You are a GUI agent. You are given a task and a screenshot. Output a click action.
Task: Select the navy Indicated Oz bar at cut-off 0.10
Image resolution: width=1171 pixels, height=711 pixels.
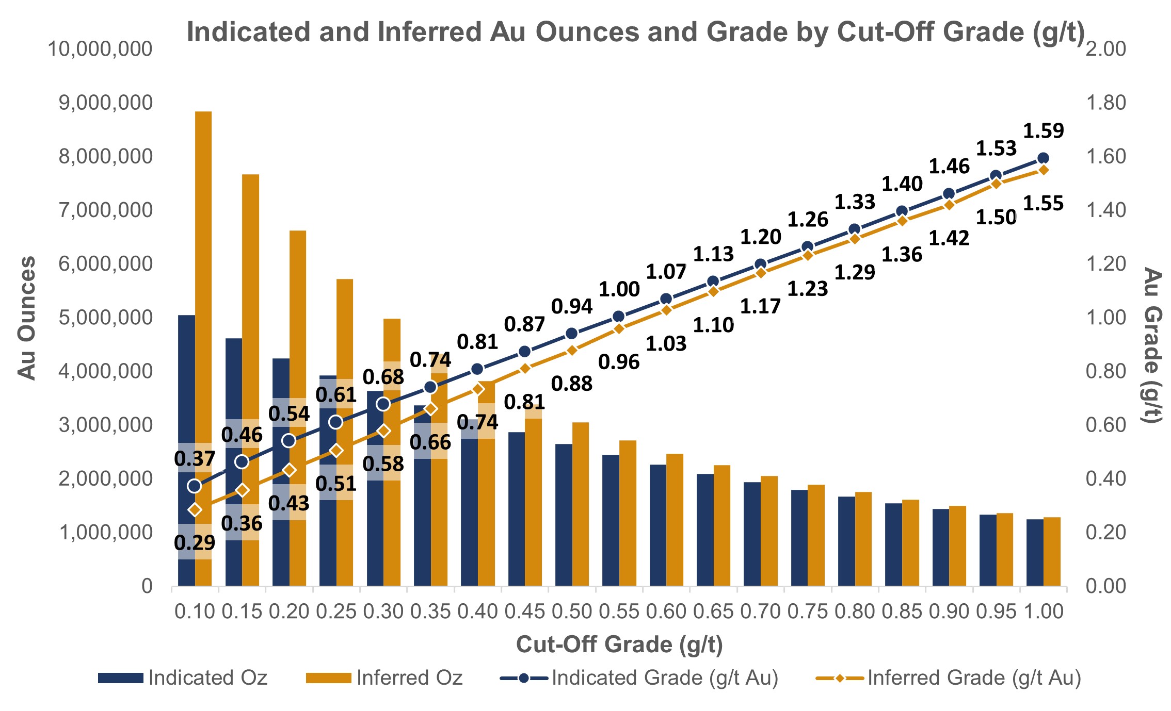click(187, 451)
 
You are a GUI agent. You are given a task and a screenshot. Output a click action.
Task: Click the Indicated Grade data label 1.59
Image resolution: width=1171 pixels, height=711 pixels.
click(1044, 131)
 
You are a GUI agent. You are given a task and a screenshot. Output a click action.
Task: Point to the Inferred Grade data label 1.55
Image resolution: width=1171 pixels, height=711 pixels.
click(1044, 204)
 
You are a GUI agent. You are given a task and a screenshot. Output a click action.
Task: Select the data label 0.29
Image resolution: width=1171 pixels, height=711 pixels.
click(195, 542)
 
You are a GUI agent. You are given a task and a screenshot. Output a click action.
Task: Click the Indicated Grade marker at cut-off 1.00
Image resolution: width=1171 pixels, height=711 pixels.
click(1043, 158)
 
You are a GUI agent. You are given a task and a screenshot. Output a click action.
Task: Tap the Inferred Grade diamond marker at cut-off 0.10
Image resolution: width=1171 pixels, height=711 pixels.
click(195, 510)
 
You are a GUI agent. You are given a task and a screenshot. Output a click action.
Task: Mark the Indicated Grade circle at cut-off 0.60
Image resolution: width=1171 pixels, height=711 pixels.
click(666, 299)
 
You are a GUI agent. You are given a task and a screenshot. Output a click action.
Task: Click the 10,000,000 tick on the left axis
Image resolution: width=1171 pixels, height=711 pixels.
click(100, 49)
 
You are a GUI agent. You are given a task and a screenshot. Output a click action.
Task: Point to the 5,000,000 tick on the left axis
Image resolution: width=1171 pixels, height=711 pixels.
click(106, 318)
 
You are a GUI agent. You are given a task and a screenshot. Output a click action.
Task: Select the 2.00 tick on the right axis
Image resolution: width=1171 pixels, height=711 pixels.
click(1106, 49)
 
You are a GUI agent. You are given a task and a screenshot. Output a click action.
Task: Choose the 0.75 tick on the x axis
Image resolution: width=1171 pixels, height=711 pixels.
click(808, 611)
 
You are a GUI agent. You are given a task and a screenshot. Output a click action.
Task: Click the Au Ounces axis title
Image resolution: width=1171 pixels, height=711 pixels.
click(27, 318)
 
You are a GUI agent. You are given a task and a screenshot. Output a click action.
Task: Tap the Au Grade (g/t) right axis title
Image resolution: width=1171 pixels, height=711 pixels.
click(1152, 345)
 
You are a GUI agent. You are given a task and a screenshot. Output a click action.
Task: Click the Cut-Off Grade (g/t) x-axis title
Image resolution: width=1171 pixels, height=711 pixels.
click(619, 644)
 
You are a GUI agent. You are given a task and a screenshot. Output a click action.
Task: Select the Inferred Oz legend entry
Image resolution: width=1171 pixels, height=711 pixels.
click(384, 677)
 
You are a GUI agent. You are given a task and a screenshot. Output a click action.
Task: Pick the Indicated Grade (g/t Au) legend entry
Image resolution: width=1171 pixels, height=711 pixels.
click(639, 677)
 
